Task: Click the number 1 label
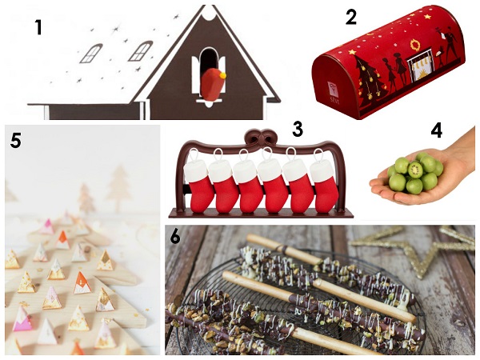pyautogui.click(x=38, y=27)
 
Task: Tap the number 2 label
pyautogui.click(x=351, y=17)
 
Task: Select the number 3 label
pyautogui.click(x=298, y=129)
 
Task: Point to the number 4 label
pyautogui.click(x=437, y=130)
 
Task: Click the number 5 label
pyautogui.click(x=16, y=141)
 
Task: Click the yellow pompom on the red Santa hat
pyautogui.click(x=223, y=75)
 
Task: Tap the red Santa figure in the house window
pyautogui.click(x=213, y=85)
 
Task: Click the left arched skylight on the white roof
pyautogui.click(x=91, y=54)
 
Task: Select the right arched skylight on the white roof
pyautogui.click(x=140, y=51)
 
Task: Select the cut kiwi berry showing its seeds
pyautogui.click(x=415, y=170)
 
